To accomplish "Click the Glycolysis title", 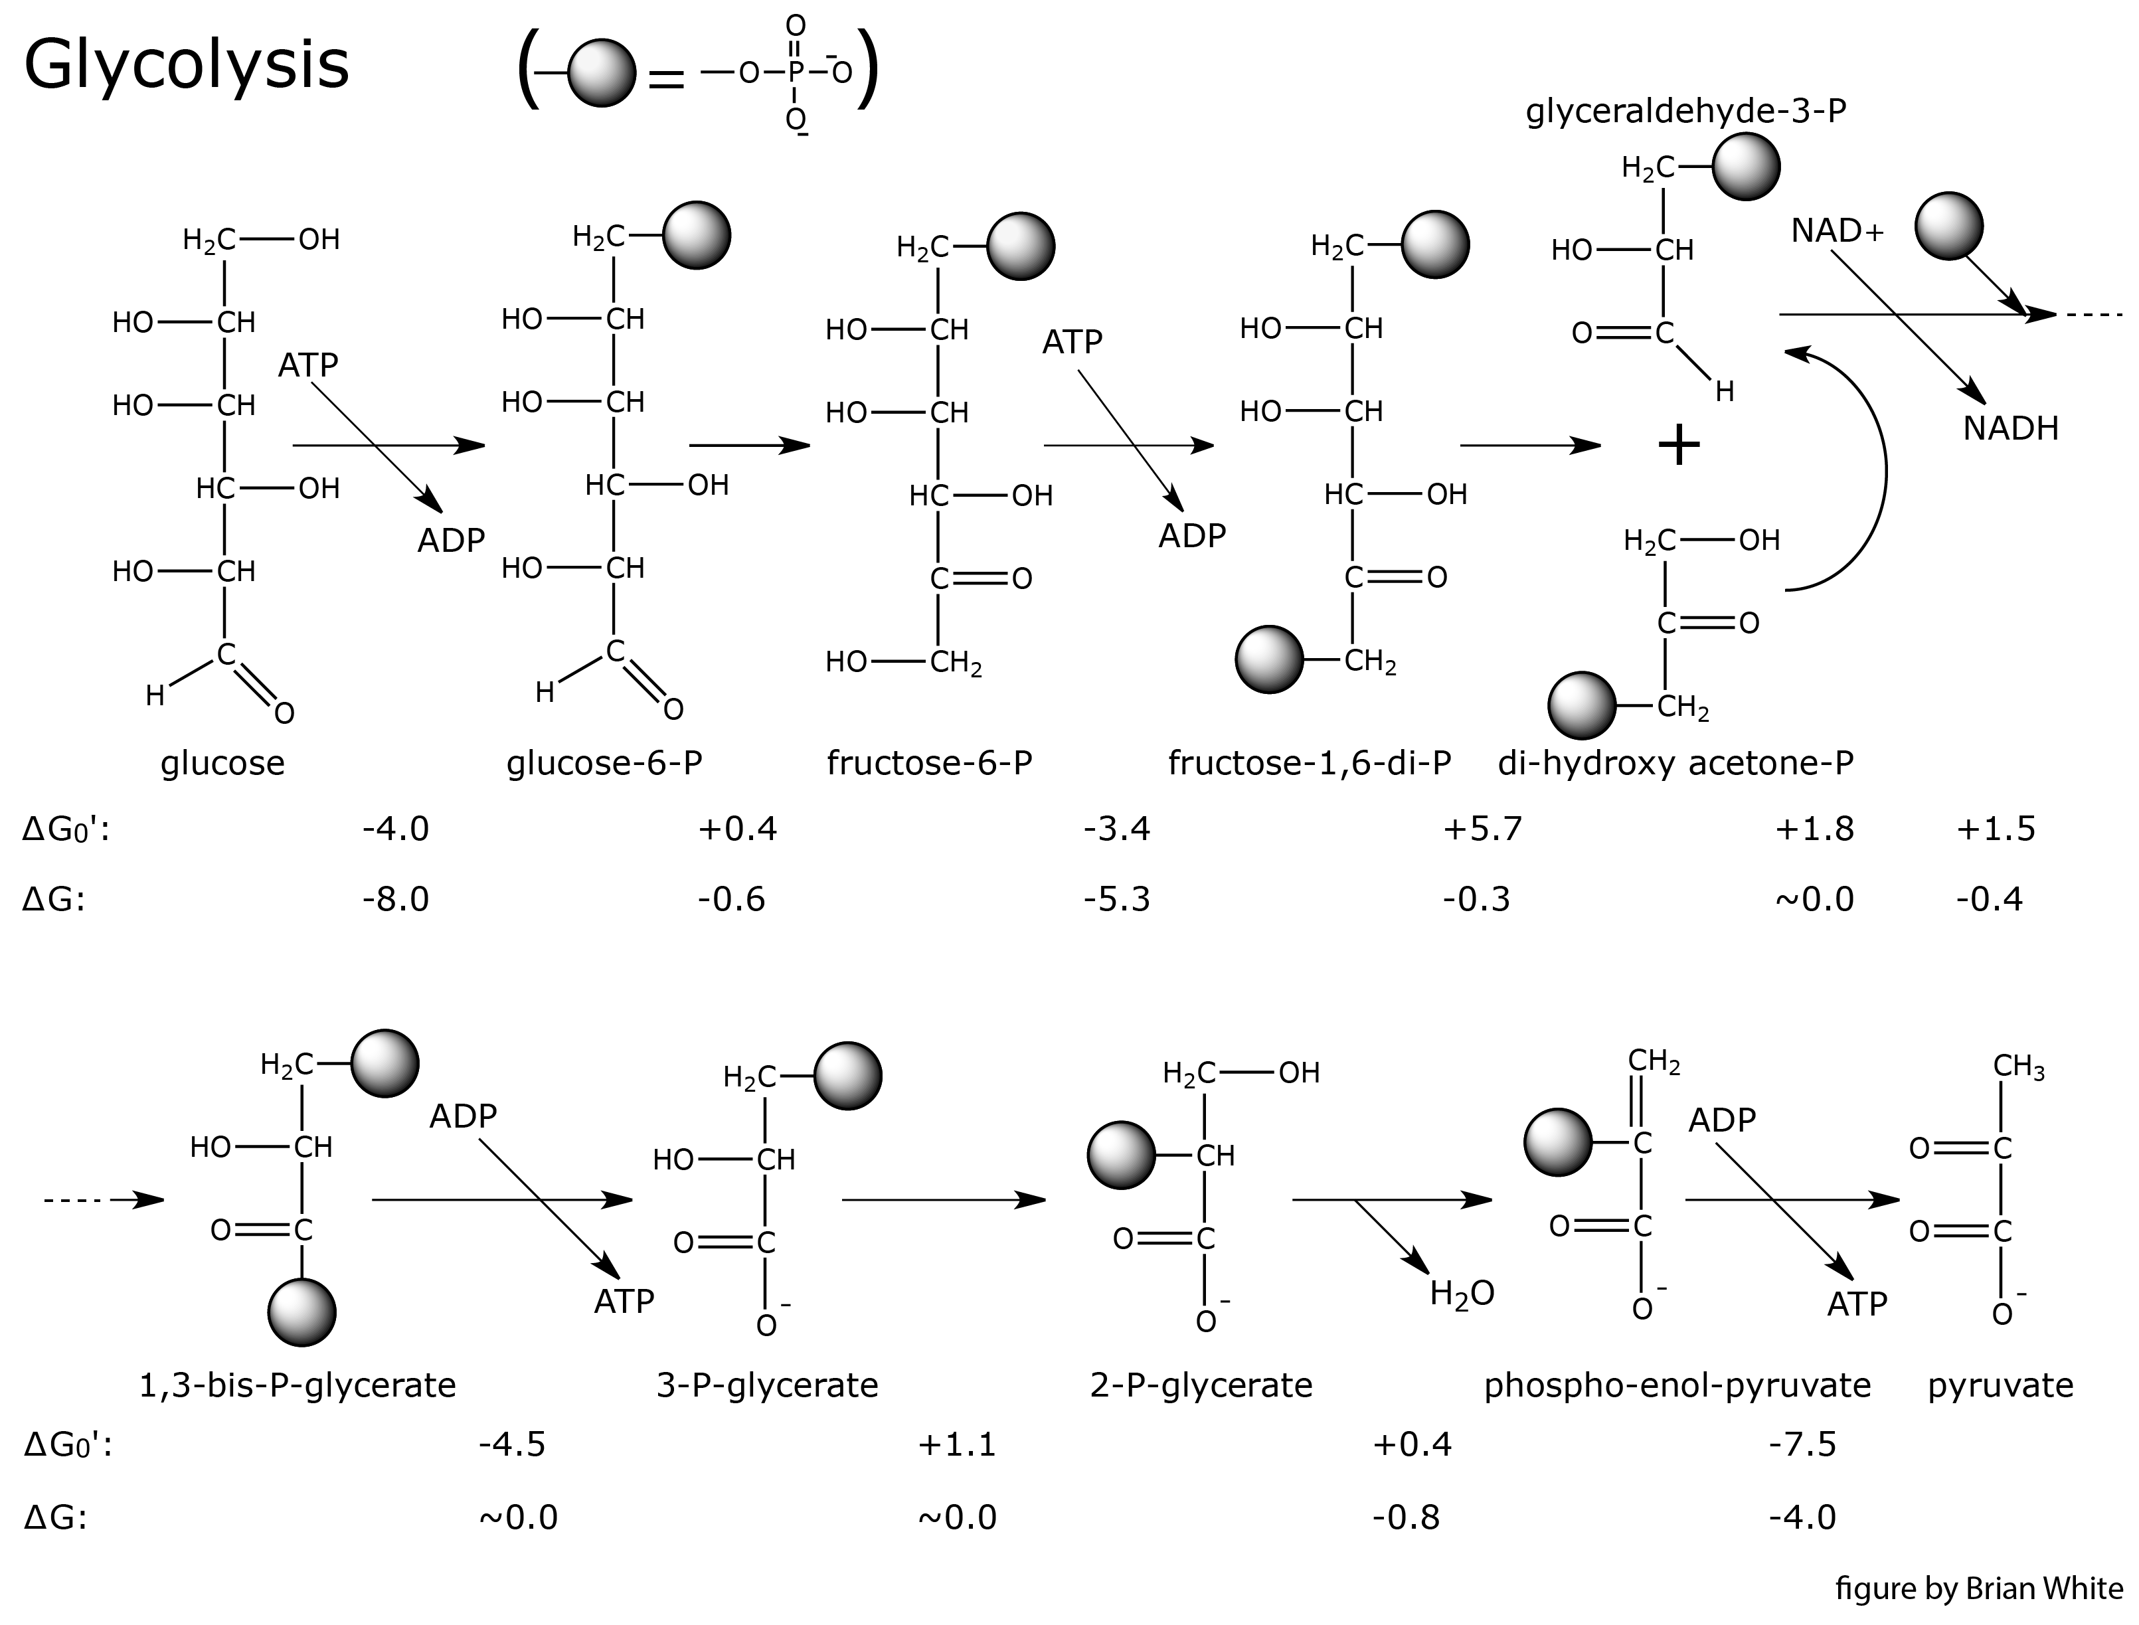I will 186,66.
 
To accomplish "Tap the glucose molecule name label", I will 222,763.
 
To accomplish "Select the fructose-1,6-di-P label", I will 1310,763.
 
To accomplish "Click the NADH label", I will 2010,428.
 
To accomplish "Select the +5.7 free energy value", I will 1482,829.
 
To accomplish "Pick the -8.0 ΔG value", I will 396,900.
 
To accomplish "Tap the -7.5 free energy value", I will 1802,1444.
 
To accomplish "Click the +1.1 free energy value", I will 956,1444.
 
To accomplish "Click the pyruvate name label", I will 2000,1386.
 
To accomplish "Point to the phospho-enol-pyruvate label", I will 1677,1386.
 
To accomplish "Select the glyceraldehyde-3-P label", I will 1685,112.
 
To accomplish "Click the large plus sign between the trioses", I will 1679,446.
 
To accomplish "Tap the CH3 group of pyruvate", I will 2018,1067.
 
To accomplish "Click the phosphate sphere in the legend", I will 602,72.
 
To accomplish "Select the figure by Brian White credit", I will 1978,1589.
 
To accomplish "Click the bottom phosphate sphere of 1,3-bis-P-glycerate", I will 301,1313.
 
